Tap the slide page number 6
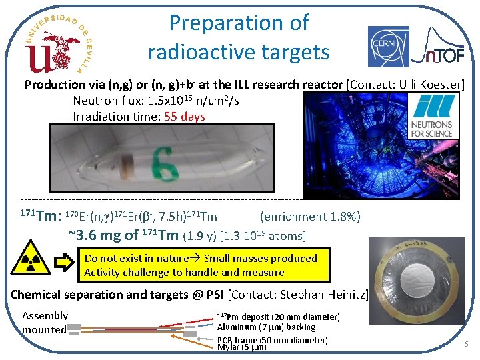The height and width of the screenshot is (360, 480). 467,344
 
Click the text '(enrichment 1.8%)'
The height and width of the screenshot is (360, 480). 310,216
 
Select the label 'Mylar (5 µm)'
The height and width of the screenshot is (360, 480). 241,347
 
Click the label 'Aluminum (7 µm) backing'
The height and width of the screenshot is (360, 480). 267,327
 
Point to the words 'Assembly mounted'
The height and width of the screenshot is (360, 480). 45,323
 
